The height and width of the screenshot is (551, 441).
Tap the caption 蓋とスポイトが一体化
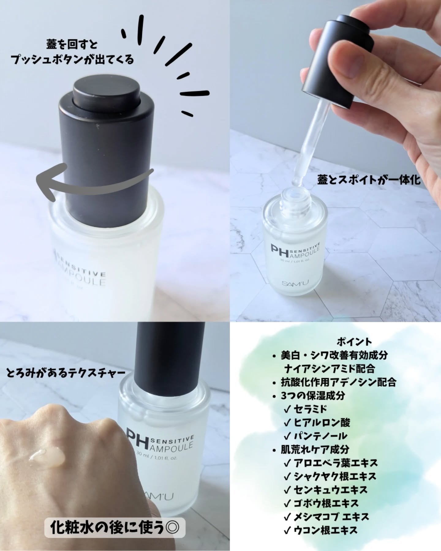coord(369,181)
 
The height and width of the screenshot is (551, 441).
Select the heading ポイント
coord(354,341)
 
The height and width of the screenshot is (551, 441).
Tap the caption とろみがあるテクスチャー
coord(66,373)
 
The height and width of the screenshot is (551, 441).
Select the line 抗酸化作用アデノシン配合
coord(338,382)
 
